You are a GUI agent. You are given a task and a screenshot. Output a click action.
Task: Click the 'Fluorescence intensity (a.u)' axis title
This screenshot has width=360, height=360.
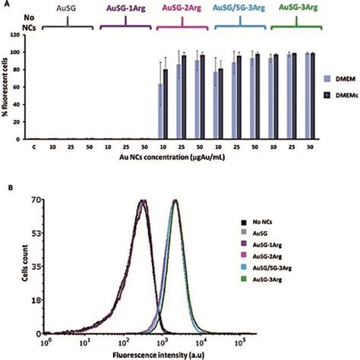(x=156, y=354)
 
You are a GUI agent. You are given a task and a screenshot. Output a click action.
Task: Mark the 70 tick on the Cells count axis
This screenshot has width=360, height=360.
(x=35, y=201)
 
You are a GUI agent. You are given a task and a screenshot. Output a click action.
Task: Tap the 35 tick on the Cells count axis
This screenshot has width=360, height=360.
(x=35, y=267)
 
